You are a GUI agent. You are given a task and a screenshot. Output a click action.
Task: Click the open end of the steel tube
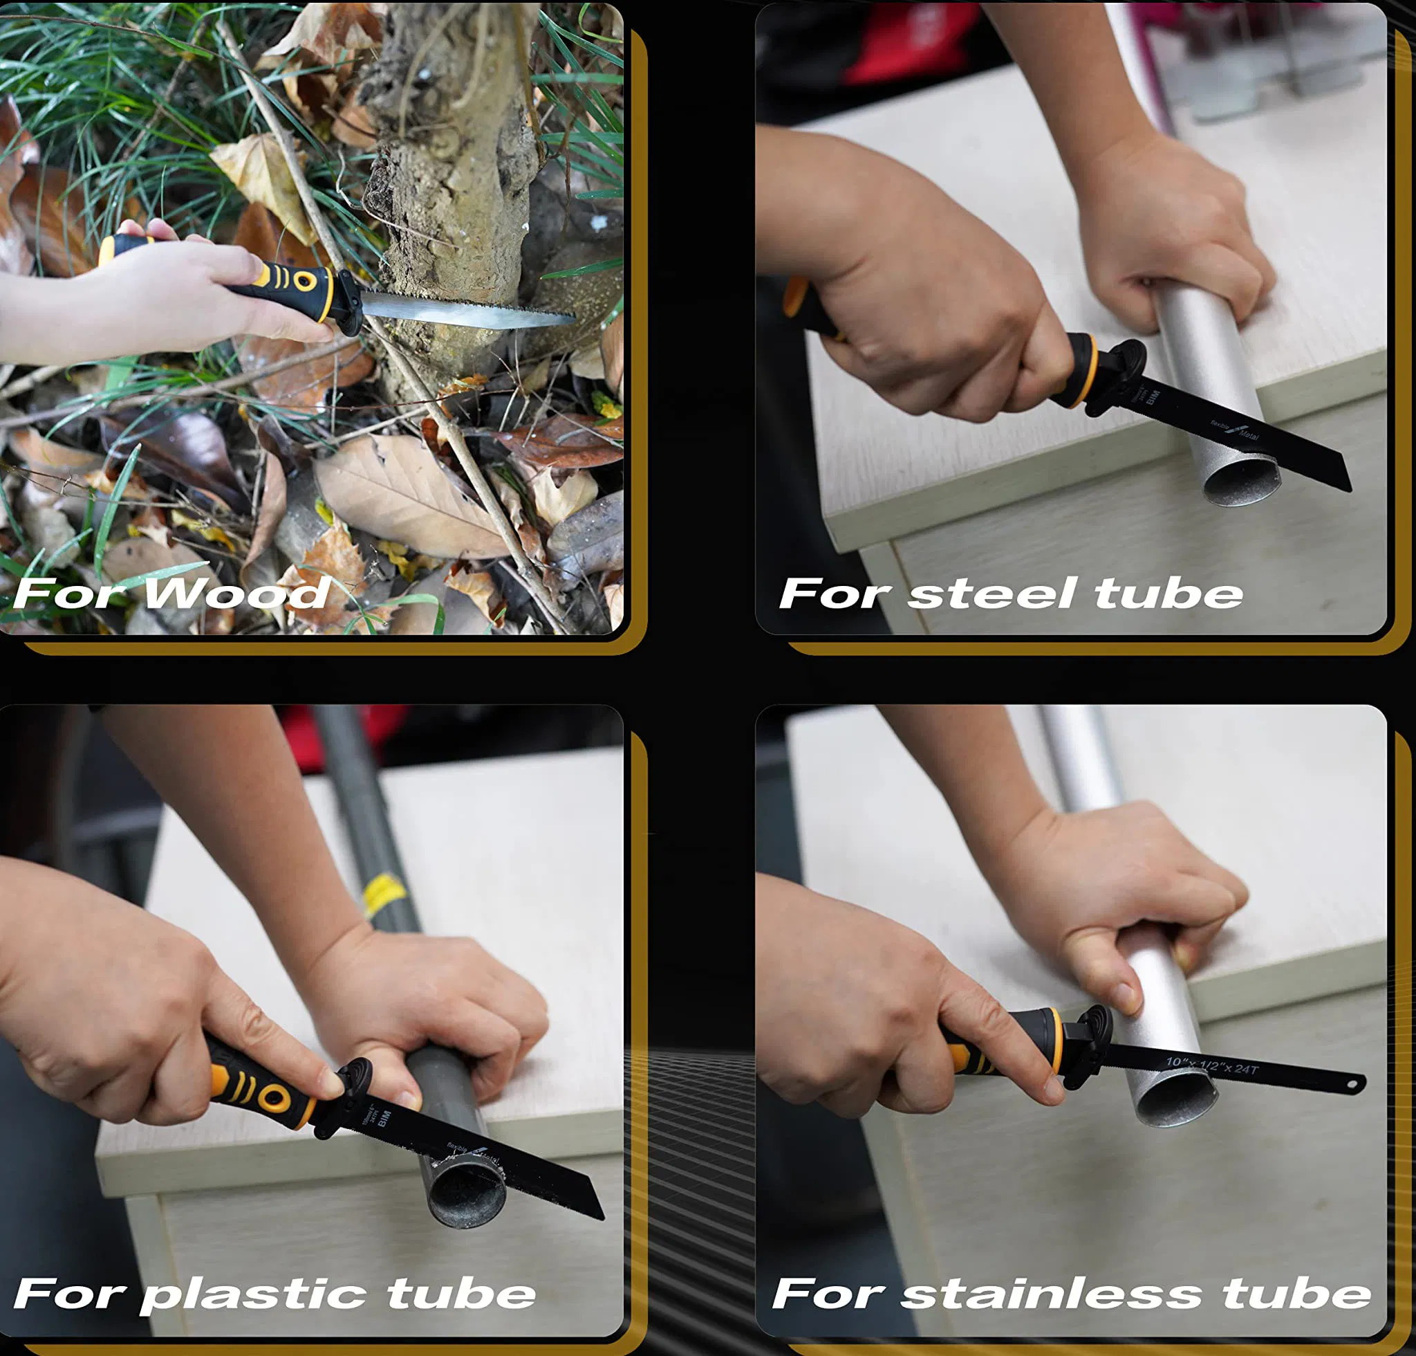1240,483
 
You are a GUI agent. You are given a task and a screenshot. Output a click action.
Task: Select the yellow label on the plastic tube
383,895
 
